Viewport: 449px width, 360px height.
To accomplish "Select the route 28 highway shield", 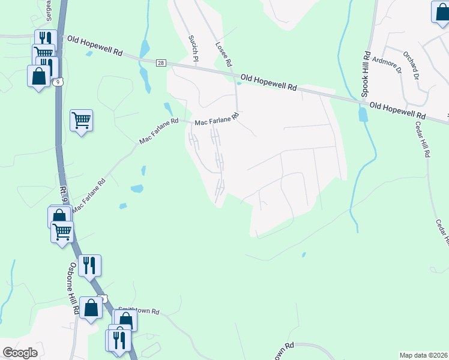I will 161,63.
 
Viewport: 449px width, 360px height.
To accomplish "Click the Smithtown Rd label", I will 139,311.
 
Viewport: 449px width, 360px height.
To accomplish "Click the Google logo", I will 20,353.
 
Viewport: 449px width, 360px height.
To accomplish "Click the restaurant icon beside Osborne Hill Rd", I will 89,265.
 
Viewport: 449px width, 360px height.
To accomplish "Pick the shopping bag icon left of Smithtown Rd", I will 91,308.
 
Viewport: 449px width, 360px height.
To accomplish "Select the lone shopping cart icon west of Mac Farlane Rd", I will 81,120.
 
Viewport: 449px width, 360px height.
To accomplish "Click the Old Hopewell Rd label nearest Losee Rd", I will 269,83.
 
